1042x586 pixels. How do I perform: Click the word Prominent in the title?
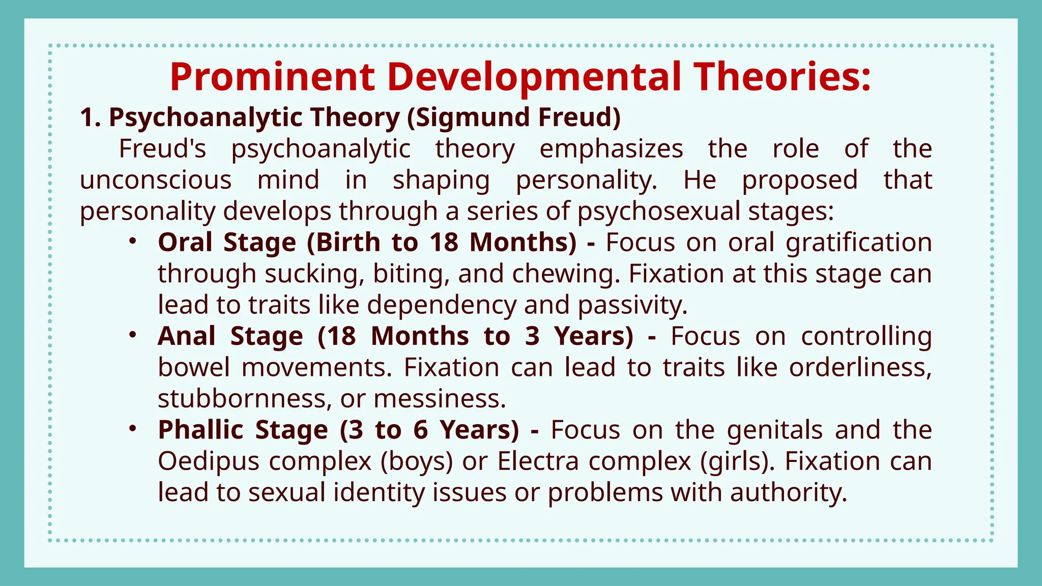pos(272,77)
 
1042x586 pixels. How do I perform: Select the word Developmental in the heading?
pos(534,77)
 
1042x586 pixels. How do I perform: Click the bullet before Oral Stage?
pos(132,242)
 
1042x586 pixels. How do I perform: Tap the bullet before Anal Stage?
pos(132,335)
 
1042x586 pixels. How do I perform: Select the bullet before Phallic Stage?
pos(132,429)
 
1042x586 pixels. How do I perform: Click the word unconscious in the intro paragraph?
pos(156,180)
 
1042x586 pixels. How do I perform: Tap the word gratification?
pos(858,243)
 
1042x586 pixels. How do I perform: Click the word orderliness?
pos(860,367)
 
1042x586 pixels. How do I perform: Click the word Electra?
pos(538,461)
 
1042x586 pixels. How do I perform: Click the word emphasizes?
pos(611,149)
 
